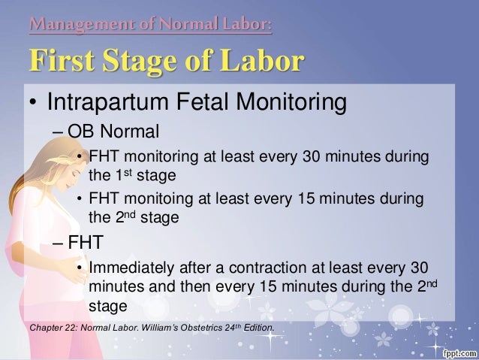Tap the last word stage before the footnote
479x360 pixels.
pos(107,307)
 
